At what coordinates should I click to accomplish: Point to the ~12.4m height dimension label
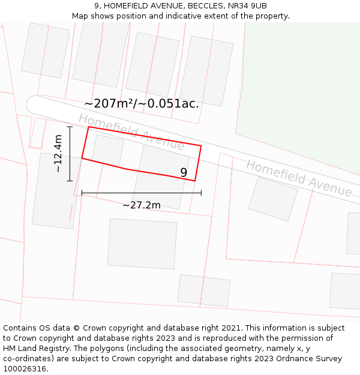tap(58, 154)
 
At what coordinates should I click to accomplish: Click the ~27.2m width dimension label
tap(142, 205)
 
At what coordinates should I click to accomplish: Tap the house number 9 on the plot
tap(184, 173)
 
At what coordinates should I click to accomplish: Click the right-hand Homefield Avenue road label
tap(299, 178)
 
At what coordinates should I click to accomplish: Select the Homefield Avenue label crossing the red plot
tap(131, 131)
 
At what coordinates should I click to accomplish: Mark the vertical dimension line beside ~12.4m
tap(70, 154)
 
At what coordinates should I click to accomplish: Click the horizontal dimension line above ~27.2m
tap(142, 193)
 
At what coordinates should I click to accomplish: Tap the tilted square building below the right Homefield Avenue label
tap(273, 199)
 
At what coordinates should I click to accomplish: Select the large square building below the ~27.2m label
tap(142, 243)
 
